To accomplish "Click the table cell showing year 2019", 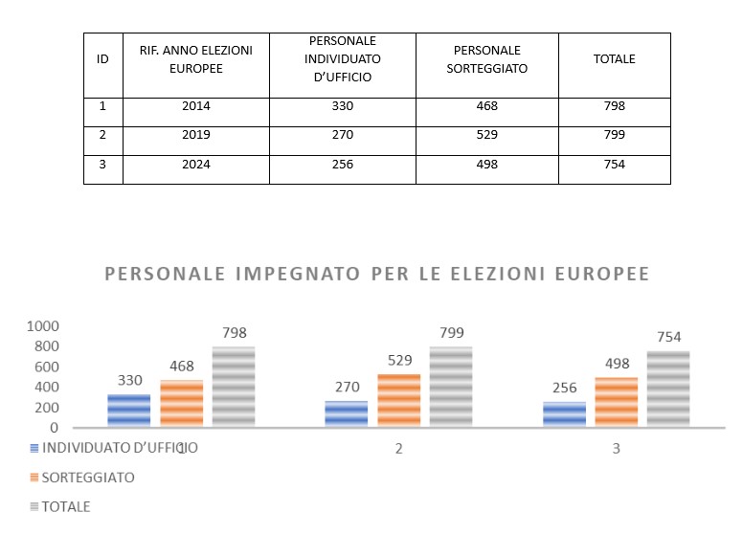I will click(195, 135).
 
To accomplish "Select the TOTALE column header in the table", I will click(614, 59).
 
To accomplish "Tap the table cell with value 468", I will click(486, 106).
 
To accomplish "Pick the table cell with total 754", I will click(614, 164).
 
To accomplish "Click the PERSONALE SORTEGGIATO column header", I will click(486, 59).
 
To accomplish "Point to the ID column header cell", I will click(102, 59).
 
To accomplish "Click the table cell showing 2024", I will click(195, 164).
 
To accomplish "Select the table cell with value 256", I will click(342, 164).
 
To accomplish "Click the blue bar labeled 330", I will click(128, 411).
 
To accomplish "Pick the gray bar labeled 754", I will click(668, 389).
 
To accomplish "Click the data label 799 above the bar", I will click(451, 333).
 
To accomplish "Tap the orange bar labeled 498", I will click(616, 402).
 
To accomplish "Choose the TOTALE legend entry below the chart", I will click(66, 506).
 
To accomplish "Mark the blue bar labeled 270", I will click(346, 413).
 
